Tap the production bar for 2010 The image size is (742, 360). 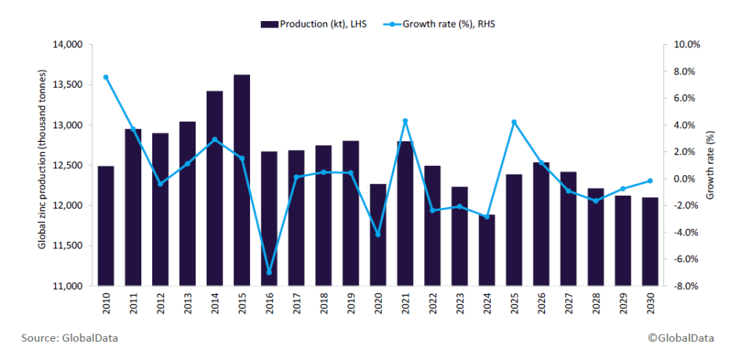(106, 225)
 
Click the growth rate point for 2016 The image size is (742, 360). (270, 272)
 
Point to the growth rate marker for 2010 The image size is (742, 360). (106, 77)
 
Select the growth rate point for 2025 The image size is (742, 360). (514, 122)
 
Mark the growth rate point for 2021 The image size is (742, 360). (406, 121)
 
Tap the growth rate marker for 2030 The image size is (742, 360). (650, 181)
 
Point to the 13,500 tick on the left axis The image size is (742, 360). (70, 85)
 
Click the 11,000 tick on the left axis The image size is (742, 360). (70, 286)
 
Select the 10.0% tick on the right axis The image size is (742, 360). (687, 44)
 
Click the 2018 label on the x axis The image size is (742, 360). (324, 306)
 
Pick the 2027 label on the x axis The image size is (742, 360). (569, 306)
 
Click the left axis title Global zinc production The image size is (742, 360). (43, 160)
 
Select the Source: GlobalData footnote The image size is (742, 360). (70, 338)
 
